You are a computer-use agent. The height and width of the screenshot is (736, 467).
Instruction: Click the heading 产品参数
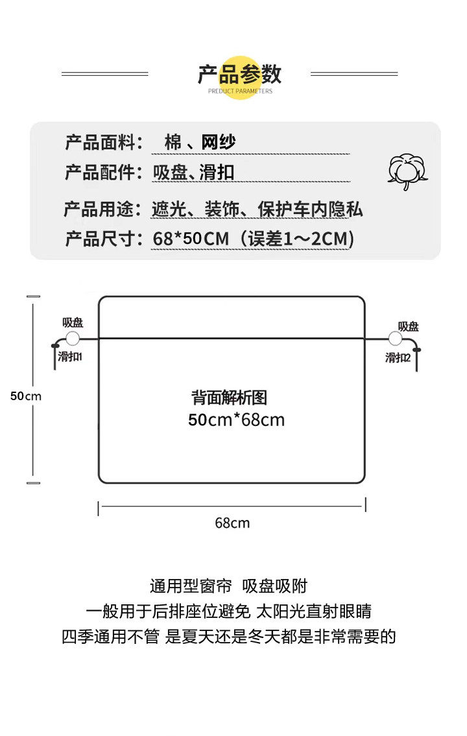tap(239, 74)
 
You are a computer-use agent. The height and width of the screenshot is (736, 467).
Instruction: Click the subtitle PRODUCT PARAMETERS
tap(240, 91)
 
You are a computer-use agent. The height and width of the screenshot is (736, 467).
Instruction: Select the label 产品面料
tap(102, 142)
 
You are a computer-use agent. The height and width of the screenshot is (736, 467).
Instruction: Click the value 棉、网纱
tap(200, 142)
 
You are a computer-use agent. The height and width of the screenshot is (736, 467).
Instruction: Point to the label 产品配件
tap(102, 172)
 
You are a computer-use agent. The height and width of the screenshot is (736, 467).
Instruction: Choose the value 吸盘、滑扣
tap(193, 172)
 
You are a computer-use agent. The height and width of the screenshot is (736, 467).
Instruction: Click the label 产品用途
tap(102, 209)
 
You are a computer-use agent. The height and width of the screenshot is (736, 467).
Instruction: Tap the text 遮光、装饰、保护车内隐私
tap(257, 209)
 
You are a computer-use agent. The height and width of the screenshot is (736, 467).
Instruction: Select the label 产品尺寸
tap(102, 239)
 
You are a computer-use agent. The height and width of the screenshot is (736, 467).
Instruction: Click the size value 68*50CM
tap(191, 239)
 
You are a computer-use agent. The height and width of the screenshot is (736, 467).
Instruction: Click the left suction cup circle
tap(72, 338)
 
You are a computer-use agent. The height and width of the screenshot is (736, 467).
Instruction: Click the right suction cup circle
tap(394, 338)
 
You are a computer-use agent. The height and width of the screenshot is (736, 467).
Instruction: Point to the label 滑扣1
tap(69, 357)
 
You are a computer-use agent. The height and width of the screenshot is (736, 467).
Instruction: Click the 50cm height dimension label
tap(25, 396)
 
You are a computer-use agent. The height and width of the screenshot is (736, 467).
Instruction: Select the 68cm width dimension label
tap(232, 523)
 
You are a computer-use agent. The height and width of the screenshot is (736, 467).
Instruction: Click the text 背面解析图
tap(229, 398)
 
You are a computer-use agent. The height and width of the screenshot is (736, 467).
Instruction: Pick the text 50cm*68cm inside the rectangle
tap(236, 420)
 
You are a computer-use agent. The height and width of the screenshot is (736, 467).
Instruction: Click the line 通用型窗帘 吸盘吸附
tap(228, 586)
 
